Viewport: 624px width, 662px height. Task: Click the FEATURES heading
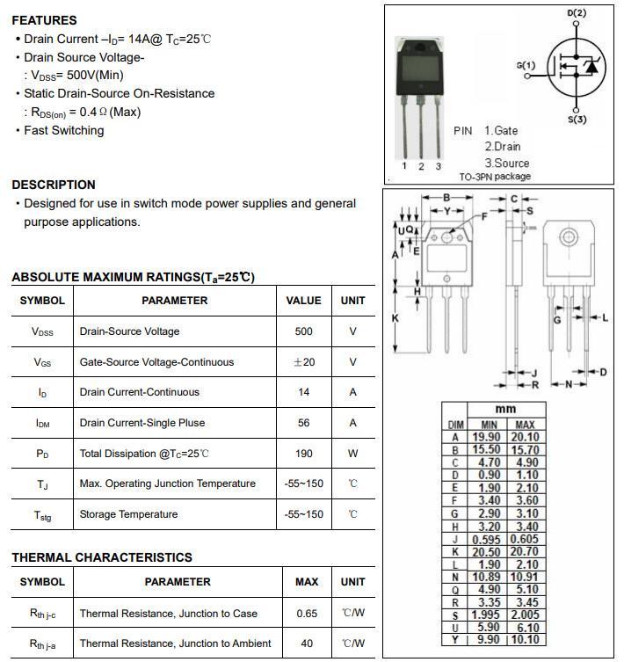point(44,20)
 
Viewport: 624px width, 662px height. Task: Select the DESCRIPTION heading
point(54,185)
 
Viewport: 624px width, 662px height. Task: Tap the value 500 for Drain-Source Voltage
point(304,331)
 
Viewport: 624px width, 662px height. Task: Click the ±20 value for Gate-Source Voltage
point(304,362)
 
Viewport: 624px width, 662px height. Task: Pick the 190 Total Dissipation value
point(304,454)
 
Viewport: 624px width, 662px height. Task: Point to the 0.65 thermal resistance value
point(307,613)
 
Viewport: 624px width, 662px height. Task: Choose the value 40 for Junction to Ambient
point(307,644)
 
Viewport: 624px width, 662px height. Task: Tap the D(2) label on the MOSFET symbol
point(577,14)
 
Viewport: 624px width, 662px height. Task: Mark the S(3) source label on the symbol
point(577,119)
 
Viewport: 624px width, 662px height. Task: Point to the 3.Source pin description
point(507,163)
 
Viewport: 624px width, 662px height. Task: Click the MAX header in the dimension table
point(526,425)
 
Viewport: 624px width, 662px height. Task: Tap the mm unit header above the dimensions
point(506,410)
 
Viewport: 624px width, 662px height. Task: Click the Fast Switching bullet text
point(63,130)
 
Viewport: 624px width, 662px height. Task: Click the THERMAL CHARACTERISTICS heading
point(102,557)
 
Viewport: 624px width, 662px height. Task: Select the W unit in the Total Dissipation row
point(353,454)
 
